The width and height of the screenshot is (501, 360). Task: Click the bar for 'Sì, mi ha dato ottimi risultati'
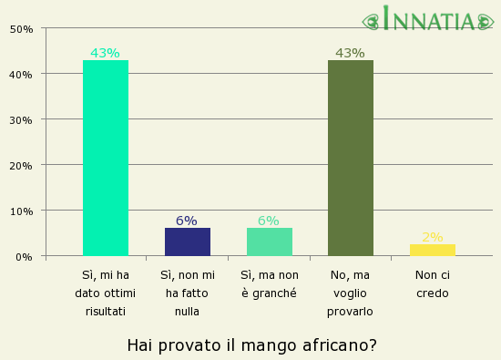[105, 158]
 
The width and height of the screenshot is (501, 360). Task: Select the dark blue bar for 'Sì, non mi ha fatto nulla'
[187, 242]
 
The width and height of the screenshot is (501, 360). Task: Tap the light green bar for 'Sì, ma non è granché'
[269, 242]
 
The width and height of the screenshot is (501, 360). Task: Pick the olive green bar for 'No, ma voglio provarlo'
[350, 158]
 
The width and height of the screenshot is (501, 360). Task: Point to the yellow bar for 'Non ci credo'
[432, 250]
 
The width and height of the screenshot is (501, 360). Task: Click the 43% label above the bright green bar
[105, 53]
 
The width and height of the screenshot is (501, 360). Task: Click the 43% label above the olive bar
[350, 53]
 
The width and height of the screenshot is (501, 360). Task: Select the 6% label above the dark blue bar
[187, 221]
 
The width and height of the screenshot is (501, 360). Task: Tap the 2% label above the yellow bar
[432, 237]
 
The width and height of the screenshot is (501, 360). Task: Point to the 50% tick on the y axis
[22, 28]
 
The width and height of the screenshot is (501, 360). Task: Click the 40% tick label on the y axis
[22, 74]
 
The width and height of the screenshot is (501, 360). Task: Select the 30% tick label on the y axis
[22, 119]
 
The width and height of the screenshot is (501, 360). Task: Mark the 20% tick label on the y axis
[22, 165]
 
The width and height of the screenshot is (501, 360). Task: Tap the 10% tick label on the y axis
[22, 211]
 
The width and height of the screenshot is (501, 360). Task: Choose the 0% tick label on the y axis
[25, 256]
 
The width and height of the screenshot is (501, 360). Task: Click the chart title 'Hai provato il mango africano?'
[251, 345]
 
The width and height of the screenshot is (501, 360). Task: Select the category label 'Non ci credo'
[432, 283]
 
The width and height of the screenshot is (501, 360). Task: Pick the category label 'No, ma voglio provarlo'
[350, 293]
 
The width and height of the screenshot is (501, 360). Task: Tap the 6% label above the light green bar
[269, 221]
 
